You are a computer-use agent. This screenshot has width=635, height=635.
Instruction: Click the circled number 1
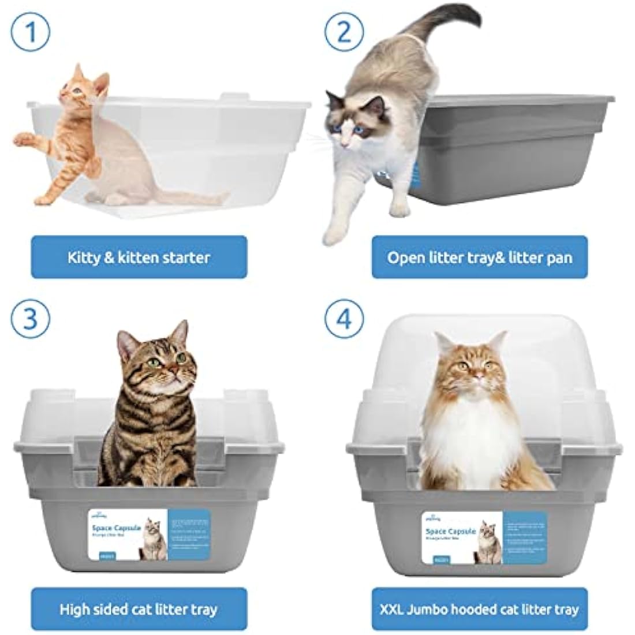pyautogui.click(x=31, y=32)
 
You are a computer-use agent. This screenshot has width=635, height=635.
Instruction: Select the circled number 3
pyautogui.click(x=31, y=319)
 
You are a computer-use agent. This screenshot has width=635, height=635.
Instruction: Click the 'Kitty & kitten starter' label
pyautogui.click(x=139, y=257)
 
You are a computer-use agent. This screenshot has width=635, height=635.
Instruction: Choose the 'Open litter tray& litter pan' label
pyautogui.click(x=479, y=257)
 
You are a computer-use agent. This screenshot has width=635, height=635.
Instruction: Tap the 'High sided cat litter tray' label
pyautogui.click(x=139, y=609)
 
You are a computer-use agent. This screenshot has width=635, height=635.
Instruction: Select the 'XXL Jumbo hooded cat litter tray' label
pyautogui.click(x=479, y=609)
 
